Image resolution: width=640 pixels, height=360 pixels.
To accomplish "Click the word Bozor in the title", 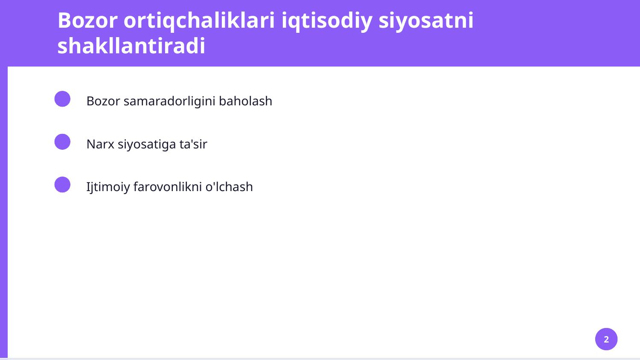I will (87, 20).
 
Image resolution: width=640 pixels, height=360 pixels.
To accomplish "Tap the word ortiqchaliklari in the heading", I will (199, 20).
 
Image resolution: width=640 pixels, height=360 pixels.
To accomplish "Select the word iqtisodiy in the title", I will (327, 20).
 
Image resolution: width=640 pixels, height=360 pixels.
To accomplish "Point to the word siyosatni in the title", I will (426, 20).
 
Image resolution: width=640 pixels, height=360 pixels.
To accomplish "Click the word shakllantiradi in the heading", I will (131, 46).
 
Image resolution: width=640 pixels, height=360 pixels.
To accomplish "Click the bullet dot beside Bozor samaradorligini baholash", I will (62, 99).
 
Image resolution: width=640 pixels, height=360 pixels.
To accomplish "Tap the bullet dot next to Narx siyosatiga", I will (62, 142).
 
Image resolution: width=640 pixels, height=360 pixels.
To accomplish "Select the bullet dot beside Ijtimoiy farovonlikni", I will (62, 185).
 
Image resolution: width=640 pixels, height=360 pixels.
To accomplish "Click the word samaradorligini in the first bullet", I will (169, 101).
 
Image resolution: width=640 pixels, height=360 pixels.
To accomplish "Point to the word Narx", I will (100, 144).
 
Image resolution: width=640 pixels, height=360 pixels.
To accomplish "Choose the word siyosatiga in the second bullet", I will (147, 144).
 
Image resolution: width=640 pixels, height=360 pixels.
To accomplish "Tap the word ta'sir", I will (193, 144).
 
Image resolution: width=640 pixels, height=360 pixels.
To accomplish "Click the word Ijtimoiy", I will (108, 187).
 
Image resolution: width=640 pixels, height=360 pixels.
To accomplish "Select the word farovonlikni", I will (168, 187).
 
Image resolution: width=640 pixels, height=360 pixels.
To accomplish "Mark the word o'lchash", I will (229, 187).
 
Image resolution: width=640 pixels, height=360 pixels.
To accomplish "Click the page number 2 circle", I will (606, 339).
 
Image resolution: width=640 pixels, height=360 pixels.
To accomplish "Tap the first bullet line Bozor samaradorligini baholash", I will (179, 101).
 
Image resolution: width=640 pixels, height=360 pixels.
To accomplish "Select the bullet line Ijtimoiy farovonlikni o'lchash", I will (169, 187).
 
